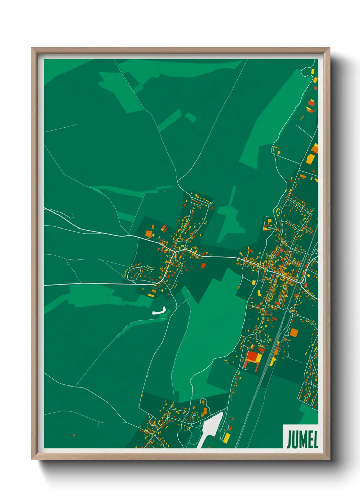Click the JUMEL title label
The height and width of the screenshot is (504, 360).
[x=302, y=439]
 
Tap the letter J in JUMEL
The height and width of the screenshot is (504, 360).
[x=289, y=440]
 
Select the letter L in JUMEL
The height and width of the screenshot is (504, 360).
[x=315, y=440]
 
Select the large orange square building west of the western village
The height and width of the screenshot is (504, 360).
[x=149, y=234]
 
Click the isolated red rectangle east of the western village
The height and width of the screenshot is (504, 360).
[x=203, y=265]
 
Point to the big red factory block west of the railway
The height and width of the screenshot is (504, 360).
[x=252, y=357]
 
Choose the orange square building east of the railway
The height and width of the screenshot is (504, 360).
[x=294, y=333]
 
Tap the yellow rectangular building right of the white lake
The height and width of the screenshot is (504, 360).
[x=226, y=438]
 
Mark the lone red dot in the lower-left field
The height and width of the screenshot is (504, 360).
[x=74, y=435]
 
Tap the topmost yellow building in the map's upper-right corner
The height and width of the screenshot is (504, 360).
[x=313, y=72]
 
